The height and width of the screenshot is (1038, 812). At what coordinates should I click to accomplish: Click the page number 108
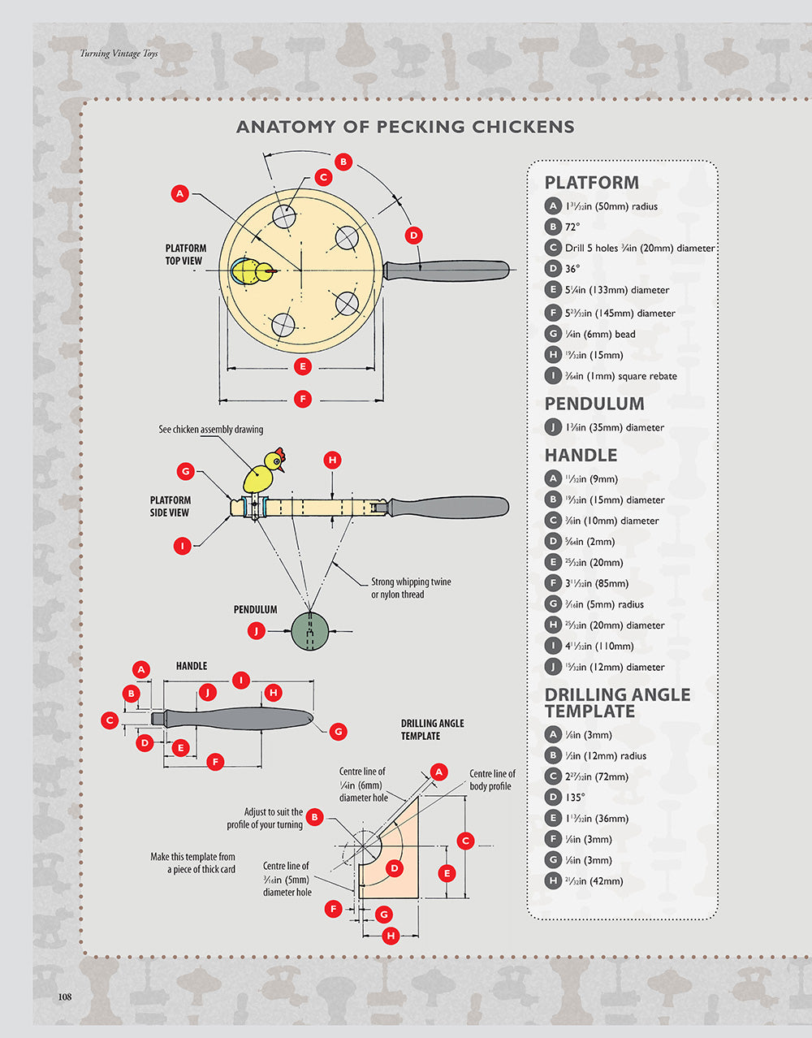(x=65, y=997)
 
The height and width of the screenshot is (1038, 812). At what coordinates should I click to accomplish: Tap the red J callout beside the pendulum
(x=257, y=630)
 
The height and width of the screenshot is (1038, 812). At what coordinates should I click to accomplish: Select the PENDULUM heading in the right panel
(x=594, y=404)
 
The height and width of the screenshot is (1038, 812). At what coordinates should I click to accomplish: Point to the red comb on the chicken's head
(x=280, y=453)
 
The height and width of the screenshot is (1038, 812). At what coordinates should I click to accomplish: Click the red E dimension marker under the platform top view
(x=303, y=366)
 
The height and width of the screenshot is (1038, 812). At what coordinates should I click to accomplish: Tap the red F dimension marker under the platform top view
(x=303, y=399)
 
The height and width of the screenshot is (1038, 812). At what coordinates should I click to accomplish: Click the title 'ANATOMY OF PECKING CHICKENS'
(x=405, y=127)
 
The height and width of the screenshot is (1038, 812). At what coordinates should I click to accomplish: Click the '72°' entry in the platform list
(x=572, y=227)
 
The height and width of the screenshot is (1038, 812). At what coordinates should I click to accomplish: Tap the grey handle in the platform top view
(x=447, y=270)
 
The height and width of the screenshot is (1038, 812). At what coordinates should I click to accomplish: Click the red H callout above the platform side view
(x=332, y=461)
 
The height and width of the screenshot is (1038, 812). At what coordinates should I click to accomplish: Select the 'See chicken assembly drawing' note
(x=210, y=430)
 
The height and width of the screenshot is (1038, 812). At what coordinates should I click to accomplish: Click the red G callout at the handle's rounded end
(x=339, y=731)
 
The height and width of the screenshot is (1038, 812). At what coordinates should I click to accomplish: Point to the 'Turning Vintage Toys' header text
(x=119, y=54)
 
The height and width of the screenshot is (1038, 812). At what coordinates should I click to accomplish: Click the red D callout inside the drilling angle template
(x=394, y=868)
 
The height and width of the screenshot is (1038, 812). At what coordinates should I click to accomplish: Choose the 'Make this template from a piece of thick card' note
(x=193, y=863)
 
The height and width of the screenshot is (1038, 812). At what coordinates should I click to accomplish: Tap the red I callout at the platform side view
(x=183, y=547)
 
